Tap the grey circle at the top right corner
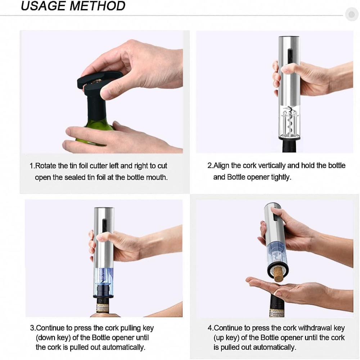click(351, 14)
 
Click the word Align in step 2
click(221, 166)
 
